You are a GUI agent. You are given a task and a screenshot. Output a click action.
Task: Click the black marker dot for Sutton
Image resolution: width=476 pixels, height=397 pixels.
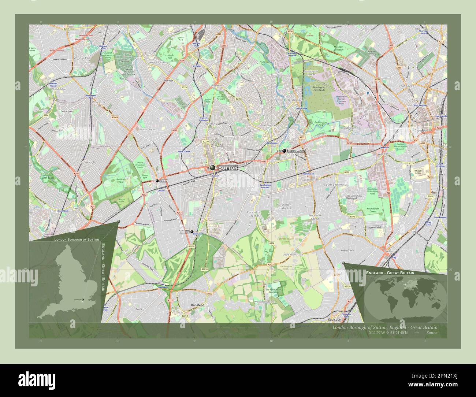coord(213,168)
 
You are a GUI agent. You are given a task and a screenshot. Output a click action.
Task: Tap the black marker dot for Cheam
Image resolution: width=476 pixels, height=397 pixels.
coord(157,181)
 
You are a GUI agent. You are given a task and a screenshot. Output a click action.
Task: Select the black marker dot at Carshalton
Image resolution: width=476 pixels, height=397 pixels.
coord(284,151)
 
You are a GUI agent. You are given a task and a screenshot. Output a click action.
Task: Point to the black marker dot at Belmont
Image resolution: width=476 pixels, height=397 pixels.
coord(191,232)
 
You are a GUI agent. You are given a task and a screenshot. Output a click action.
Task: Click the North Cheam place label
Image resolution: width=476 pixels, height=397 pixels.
coord(148,130)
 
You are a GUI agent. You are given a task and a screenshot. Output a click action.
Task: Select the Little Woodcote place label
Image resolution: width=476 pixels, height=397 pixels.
coord(293,254)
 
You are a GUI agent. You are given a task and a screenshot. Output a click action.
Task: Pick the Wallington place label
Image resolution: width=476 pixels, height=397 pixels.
coord(310,180)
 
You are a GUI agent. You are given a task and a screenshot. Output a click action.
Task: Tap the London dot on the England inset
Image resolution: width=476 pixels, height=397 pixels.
coord(83,300)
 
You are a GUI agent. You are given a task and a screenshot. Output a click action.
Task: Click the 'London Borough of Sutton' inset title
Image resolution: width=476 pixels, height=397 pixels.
coord(77,239)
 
